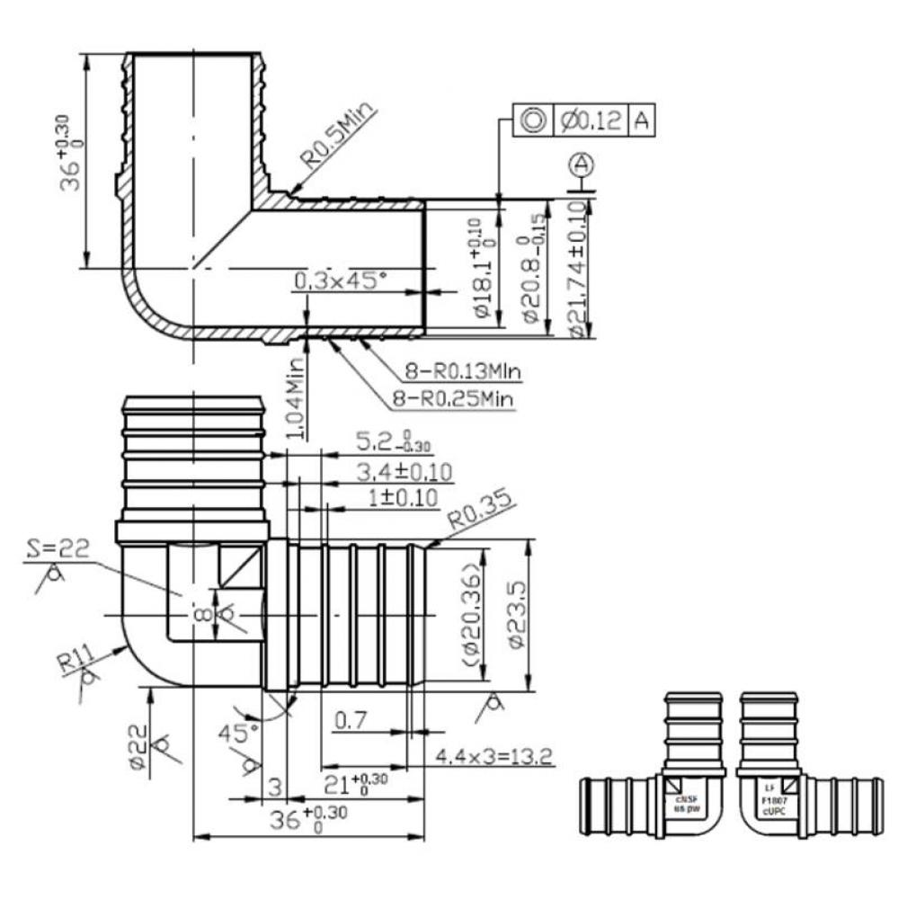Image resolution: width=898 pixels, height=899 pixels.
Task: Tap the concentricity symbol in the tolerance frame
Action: point(531,120)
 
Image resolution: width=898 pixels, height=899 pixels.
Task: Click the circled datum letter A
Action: point(582,165)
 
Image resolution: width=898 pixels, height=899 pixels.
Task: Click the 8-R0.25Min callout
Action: point(464,397)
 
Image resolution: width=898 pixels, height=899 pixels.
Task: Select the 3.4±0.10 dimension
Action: point(404,471)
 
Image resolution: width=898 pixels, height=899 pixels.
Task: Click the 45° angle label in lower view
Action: point(236,734)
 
